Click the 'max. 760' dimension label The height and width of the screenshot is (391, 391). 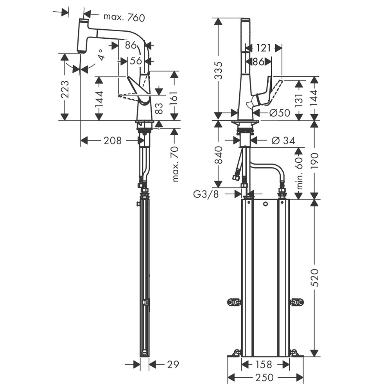point(124,17)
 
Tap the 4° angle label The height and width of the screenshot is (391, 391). point(101,55)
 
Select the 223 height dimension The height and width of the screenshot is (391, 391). point(65,89)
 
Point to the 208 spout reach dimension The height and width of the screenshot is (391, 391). point(113,141)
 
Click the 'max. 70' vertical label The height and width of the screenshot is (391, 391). point(175,164)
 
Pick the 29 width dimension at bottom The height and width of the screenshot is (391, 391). point(173,364)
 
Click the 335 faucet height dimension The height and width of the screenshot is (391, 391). point(218,70)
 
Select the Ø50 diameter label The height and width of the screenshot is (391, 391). point(280,113)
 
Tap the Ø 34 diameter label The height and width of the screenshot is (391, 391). point(283,141)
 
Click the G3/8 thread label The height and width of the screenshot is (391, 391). point(206,194)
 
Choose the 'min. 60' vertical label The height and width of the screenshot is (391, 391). point(300,173)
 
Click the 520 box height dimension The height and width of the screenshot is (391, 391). point(315,278)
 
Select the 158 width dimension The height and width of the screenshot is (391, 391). point(264,364)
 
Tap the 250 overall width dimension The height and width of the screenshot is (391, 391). point(264,378)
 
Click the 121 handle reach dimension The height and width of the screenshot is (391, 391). point(263,48)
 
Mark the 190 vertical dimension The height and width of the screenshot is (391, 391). point(315,160)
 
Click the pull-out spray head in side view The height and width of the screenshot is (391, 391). point(82,36)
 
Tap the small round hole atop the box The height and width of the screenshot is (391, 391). point(265,204)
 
